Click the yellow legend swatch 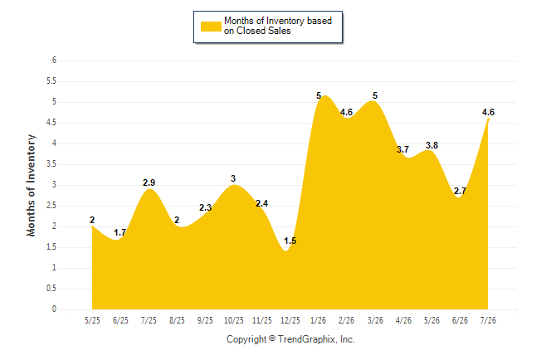211,27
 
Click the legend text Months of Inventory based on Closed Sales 278,26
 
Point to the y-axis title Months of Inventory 31,185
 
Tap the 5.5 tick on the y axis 51,81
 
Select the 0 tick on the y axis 54,309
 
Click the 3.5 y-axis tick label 51,164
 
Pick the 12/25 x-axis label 290,320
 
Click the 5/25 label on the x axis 92,320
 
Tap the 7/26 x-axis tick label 488,320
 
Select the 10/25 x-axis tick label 233,320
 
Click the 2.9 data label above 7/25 149,182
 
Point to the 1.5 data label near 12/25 290,241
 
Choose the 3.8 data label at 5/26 431,145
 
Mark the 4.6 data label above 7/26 488,112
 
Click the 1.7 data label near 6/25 120,232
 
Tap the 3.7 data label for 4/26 402,149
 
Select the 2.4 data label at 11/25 262,203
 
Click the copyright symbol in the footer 272,338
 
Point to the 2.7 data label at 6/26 460,191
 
